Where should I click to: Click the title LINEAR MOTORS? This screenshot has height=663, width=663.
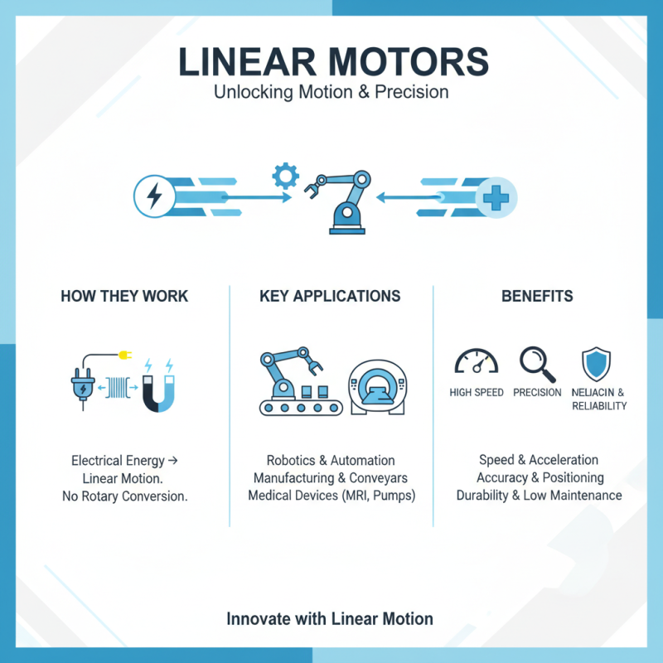point(331,64)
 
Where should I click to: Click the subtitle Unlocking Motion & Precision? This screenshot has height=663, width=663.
point(331,92)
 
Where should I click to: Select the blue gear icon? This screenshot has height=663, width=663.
point(285,177)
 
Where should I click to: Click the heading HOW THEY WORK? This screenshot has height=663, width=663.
point(124,296)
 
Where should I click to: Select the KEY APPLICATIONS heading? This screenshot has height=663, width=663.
point(330,296)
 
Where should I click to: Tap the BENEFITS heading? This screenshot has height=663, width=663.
point(537,296)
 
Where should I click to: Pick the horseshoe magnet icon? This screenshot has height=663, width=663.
point(158,386)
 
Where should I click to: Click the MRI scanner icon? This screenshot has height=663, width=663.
point(377,386)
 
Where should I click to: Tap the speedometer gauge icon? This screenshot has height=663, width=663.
point(476,361)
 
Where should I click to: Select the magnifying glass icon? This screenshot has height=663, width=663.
point(535,361)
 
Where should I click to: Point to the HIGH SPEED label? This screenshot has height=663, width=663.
point(477,392)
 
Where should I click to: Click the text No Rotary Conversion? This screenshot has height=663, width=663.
point(124,497)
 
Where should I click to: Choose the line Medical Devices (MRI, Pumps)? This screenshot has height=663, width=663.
point(331,496)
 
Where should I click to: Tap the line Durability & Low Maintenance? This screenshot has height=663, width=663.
point(539,496)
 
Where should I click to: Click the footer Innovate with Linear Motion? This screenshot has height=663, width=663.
point(330,618)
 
